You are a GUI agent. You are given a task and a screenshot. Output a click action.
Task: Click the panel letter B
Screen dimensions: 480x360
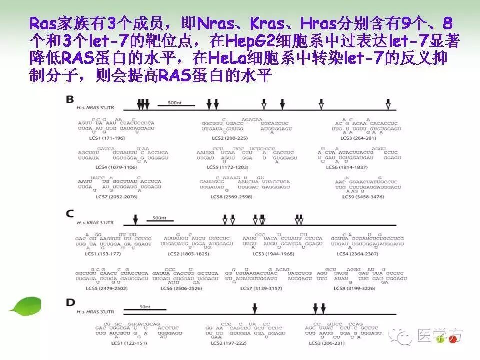coord(70,99)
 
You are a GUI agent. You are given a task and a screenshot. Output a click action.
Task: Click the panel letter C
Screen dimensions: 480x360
coord(70,213)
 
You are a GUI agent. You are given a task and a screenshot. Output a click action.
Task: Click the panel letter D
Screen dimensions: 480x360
coord(70,302)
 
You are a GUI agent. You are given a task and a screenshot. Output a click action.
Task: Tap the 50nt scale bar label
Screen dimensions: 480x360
coord(145,306)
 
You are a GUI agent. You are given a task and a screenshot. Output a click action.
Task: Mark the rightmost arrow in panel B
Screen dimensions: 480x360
coord(388,105)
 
